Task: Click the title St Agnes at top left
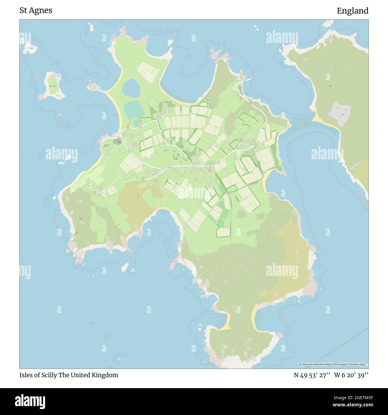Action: click(36, 10)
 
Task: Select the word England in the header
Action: click(352, 11)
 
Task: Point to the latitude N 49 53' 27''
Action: click(312, 375)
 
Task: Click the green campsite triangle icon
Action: click(88, 179)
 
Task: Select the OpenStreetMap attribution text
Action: click(334, 364)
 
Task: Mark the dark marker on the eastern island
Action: click(330, 86)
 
